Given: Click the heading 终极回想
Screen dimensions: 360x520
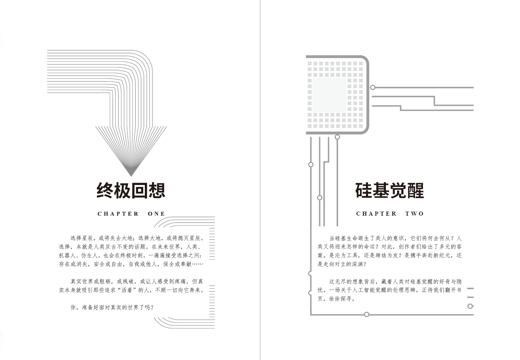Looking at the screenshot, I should pos(131,191).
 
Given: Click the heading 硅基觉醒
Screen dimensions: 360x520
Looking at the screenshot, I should pos(390,191).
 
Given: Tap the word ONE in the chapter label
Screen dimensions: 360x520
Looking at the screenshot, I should pos(156,214).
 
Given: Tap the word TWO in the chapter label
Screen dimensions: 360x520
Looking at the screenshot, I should pos(415,214).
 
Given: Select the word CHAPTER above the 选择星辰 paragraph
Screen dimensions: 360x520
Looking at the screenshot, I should pos(118,214).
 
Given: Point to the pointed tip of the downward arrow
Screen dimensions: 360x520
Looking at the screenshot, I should pos(131,175).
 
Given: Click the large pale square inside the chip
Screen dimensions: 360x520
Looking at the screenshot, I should pos(329,95).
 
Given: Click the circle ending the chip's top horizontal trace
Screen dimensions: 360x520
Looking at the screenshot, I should pos(373,87).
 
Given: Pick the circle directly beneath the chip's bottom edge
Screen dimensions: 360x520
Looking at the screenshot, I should pos(337,137).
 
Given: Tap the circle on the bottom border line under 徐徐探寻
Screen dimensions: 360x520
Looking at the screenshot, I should pos(366,315).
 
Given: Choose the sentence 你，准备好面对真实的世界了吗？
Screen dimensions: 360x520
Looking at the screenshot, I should pos(112,307).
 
